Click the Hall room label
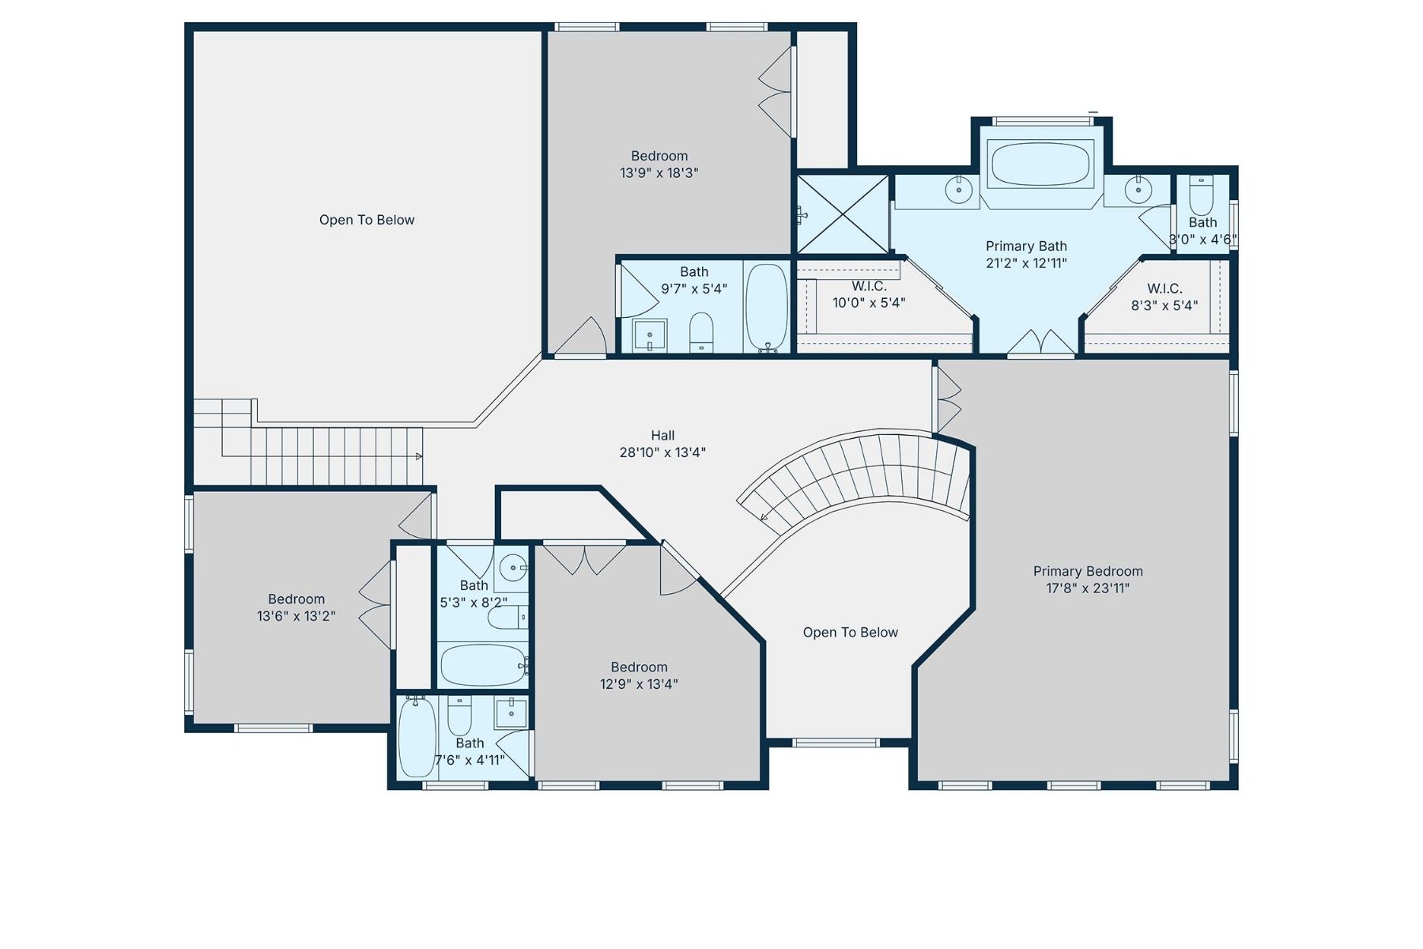point(662,436)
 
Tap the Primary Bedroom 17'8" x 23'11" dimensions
point(1087,588)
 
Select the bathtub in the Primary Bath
point(1039,164)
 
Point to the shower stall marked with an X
point(843,214)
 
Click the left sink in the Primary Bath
point(958,189)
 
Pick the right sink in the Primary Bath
point(1138,189)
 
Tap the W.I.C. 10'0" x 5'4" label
point(868,294)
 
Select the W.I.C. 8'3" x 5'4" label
point(1164,297)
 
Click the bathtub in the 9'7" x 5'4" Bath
point(767,307)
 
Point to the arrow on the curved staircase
point(764,518)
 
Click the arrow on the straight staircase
point(418,456)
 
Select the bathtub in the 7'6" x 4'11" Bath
point(417,737)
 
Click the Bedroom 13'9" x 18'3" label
point(659,164)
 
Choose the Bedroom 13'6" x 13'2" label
point(296,607)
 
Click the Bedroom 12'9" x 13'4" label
point(639,675)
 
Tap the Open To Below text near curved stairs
point(850,633)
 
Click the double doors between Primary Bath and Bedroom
point(1040,343)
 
